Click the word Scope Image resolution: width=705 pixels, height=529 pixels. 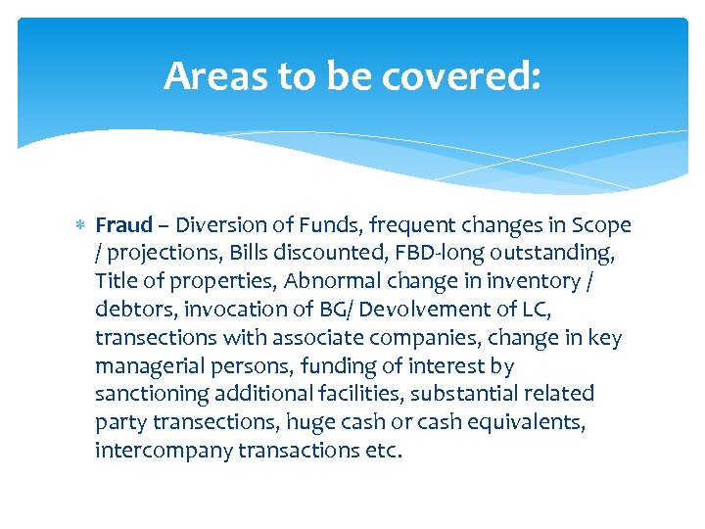coord(600,225)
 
